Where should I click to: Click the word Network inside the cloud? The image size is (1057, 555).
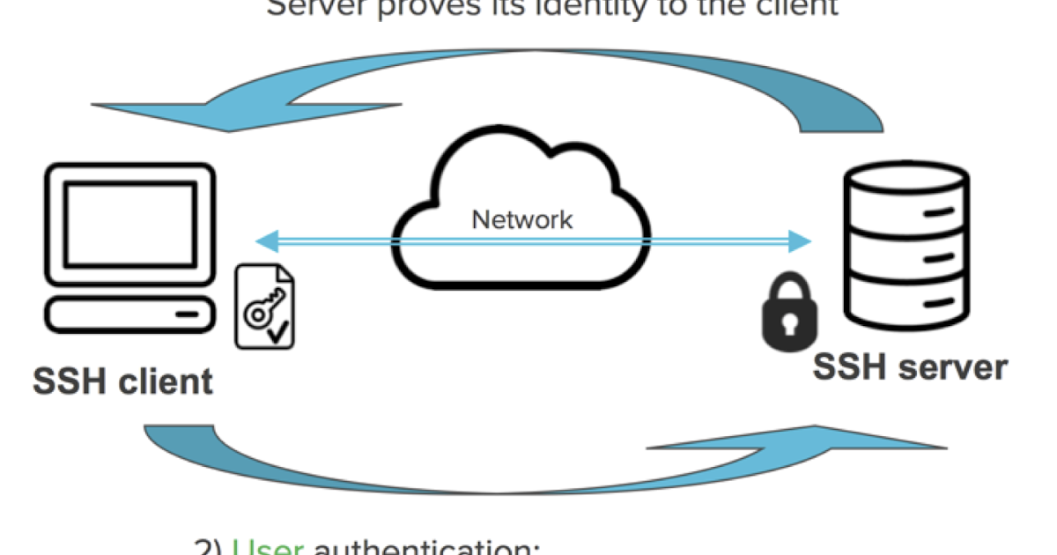click(522, 218)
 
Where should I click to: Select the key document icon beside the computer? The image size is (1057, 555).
click(264, 309)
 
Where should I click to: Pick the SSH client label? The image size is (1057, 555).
click(122, 381)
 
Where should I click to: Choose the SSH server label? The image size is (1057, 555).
click(910, 366)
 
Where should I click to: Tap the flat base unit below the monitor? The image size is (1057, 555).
click(129, 314)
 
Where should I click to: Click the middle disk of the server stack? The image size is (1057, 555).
click(906, 255)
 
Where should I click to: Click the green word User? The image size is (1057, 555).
click(268, 546)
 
